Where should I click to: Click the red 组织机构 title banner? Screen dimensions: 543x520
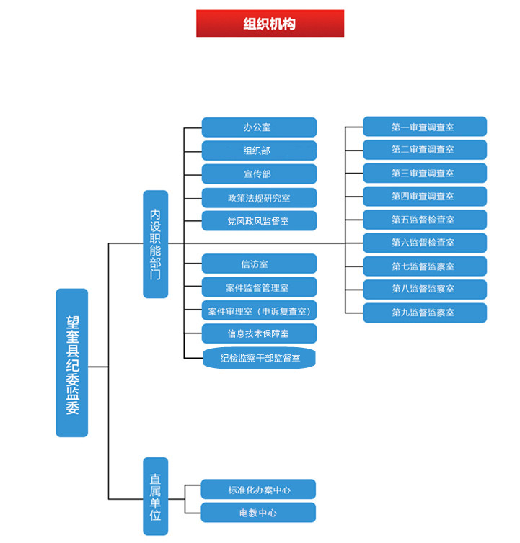tap(270, 24)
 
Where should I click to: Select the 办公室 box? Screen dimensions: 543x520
tap(259, 127)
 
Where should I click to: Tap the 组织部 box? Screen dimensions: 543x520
tap(259, 151)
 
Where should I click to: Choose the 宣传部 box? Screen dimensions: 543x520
tap(259, 174)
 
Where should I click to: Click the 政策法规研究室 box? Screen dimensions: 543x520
tap(259, 197)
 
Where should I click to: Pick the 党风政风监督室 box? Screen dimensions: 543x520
tap(259, 220)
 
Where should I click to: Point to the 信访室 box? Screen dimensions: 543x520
tap(259, 264)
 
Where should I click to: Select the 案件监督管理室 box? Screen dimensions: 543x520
tap(259, 287)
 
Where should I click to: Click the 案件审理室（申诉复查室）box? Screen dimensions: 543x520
tap(259, 310)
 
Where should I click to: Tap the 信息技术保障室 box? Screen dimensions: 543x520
tap(259, 333)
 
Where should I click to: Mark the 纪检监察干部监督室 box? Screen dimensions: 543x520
tap(259, 357)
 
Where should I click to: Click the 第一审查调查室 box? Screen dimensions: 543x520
tap(425, 127)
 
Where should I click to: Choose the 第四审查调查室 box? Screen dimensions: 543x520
tap(425, 196)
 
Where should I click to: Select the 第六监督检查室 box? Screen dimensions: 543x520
tap(425, 243)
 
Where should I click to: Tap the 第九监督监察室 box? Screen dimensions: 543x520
tap(425, 313)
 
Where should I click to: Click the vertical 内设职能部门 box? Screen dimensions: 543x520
tap(155, 244)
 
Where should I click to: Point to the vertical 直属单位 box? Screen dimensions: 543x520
tap(155, 496)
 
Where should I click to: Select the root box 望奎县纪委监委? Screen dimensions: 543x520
tap(72, 362)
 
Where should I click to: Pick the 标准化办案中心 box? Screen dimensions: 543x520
tap(258, 490)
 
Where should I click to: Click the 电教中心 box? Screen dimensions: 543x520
tap(258, 513)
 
